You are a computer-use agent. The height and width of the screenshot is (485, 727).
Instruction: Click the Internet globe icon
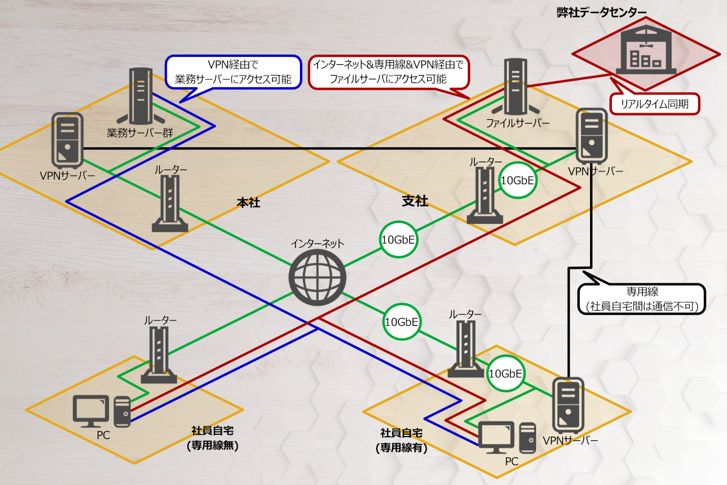click(x=317, y=278)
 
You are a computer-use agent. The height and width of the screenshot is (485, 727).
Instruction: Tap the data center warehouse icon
click(x=645, y=48)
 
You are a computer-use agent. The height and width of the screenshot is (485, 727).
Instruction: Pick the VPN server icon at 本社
click(x=66, y=140)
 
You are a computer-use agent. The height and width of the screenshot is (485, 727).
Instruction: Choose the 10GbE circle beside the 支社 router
click(x=518, y=180)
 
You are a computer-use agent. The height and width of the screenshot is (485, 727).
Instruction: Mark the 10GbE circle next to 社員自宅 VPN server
click(x=505, y=374)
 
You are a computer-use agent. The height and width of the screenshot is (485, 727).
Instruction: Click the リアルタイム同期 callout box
click(x=654, y=104)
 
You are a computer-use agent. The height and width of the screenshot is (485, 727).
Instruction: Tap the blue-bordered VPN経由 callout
click(x=233, y=71)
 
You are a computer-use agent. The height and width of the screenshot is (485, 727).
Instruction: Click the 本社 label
click(x=248, y=203)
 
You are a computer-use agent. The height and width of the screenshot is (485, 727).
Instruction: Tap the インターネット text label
click(x=317, y=243)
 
